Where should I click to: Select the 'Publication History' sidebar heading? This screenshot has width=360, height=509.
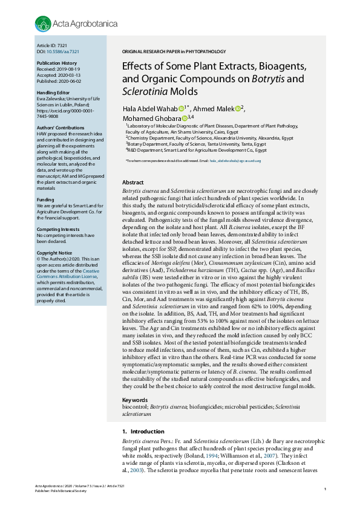(x=57, y=63)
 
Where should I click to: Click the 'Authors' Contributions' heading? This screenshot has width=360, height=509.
(x=60, y=128)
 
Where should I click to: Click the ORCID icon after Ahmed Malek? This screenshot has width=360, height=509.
(x=238, y=108)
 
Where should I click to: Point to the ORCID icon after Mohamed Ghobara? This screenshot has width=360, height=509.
(x=185, y=118)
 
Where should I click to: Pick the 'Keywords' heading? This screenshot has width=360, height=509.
(x=135, y=400)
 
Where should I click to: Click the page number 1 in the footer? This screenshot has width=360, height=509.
(x=326, y=488)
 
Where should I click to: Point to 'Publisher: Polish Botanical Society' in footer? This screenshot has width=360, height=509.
(x=62, y=491)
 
